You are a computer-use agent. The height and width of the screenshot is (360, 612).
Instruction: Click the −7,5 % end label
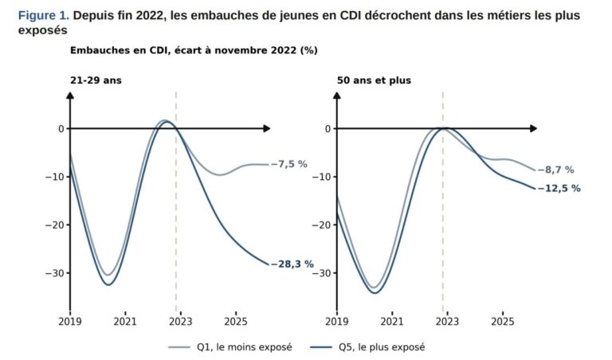(288, 164)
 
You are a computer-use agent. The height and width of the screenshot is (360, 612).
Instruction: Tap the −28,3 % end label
(292, 264)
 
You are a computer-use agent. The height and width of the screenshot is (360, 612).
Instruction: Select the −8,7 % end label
(555, 170)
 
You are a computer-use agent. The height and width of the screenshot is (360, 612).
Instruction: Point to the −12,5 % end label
(559, 189)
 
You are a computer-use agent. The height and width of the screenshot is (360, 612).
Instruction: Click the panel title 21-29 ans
(96, 80)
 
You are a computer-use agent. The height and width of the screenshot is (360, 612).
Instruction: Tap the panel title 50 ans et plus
(374, 80)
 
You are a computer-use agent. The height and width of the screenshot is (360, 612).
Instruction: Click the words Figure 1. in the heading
(44, 16)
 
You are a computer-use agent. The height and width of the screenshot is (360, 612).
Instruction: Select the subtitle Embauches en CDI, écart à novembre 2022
(183, 50)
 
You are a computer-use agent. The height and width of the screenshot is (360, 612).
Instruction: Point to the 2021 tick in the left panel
(125, 322)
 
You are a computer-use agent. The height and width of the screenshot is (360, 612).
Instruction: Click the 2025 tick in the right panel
(502, 322)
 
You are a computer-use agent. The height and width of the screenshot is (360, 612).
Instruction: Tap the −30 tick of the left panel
(55, 273)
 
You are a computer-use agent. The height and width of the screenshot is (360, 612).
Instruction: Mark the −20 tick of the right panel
(322, 225)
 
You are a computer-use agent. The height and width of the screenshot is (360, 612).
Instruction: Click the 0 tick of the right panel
(328, 129)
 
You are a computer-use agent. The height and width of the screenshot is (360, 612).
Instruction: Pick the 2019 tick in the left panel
(70, 322)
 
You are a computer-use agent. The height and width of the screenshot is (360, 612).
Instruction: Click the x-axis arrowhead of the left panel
(267, 128)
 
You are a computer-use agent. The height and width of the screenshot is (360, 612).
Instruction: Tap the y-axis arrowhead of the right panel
(337, 95)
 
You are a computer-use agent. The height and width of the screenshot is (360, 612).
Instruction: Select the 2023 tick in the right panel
(447, 322)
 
